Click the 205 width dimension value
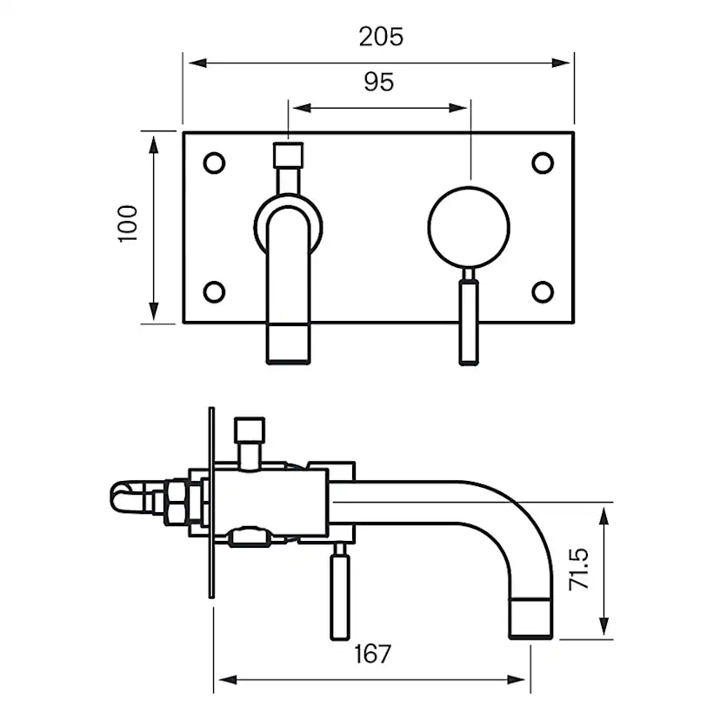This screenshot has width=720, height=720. (x=381, y=37)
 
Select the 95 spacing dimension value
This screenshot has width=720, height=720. (x=378, y=82)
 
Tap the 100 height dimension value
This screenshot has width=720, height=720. (x=128, y=225)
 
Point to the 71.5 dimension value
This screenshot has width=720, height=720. (x=580, y=570)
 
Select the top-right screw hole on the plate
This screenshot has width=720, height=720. (x=543, y=162)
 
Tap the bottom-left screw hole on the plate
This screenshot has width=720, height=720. (x=213, y=291)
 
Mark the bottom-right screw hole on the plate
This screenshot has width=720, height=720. (x=543, y=291)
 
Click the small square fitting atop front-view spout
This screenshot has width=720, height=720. (x=287, y=156)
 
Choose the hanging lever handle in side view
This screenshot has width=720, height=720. (x=340, y=594)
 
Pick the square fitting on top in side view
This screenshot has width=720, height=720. (x=250, y=430)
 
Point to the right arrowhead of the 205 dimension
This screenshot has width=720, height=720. (x=566, y=63)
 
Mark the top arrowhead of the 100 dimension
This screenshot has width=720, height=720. (x=155, y=140)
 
